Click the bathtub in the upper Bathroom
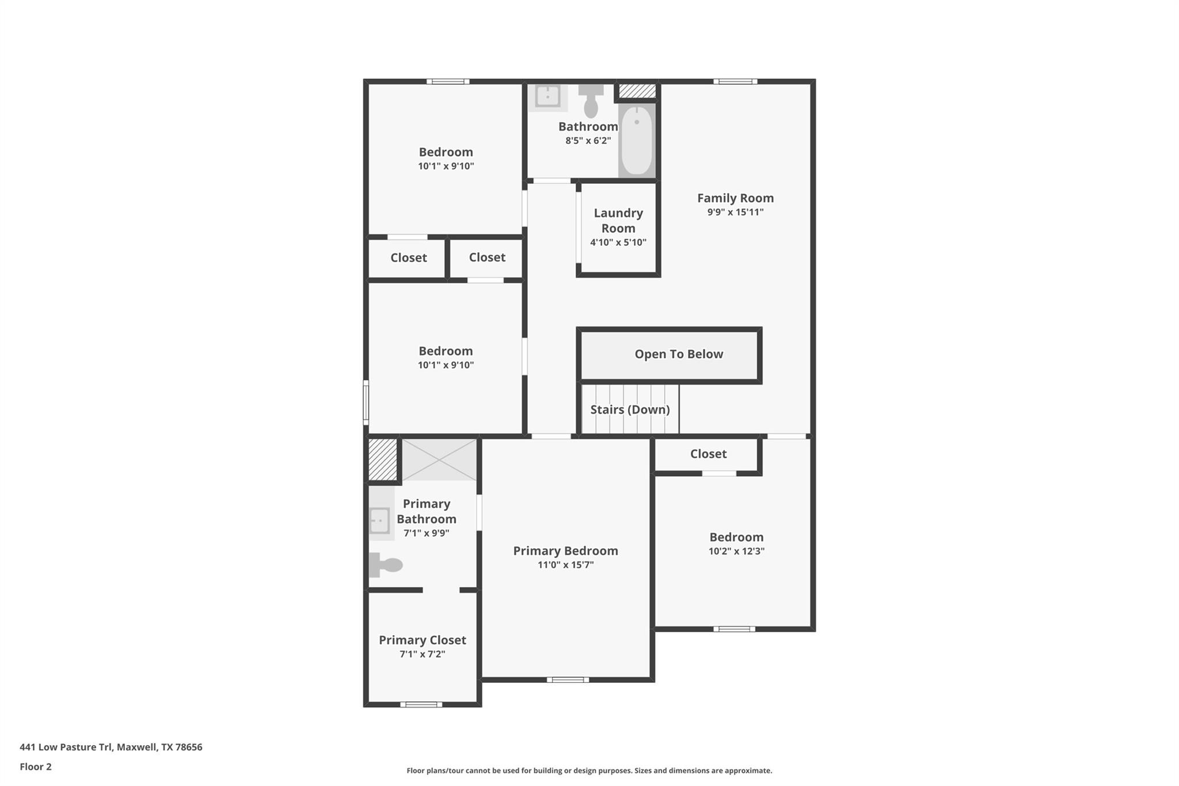coord(637,140)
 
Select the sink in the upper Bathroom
coord(547,96)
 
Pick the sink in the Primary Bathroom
coord(379,521)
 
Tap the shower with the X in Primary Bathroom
coord(439,460)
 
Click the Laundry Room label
coord(618,221)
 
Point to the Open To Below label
coord(679,354)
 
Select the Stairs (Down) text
coord(630,409)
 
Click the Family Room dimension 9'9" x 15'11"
coord(735,212)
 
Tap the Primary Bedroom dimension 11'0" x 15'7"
coord(565,565)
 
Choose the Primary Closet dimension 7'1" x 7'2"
coord(423,654)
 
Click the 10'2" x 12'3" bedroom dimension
coord(736,551)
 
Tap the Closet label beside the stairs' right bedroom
coord(708,454)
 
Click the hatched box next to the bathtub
coord(637,91)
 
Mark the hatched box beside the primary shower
coord(382,459)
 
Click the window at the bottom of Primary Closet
coord(421,704)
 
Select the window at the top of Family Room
coord(735,82)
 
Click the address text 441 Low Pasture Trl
coord(111,747)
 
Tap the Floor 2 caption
coord(36,766)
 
